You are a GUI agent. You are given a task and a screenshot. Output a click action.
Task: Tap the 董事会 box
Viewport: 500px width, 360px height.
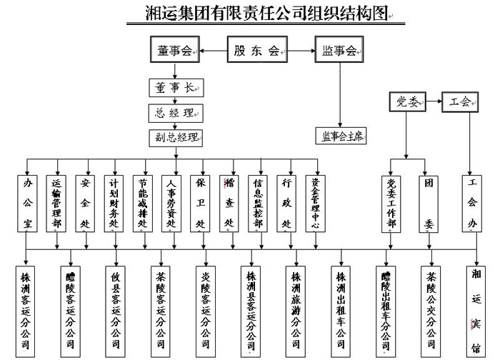(x=174, y=51)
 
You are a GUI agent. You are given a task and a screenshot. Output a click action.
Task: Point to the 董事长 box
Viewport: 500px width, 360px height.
(x=174, y=88)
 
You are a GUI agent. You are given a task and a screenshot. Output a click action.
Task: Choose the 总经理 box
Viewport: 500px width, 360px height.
(x=174, y=112)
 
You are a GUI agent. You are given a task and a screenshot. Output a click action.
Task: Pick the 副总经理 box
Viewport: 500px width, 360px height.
(x=174, y=136)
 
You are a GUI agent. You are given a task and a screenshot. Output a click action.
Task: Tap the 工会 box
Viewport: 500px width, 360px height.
(x=461, y=102)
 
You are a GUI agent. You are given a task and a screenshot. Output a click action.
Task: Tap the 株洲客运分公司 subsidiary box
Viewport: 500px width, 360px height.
(x=26, y=310)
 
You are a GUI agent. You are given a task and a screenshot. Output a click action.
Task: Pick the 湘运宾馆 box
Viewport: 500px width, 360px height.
(x=476, y=310)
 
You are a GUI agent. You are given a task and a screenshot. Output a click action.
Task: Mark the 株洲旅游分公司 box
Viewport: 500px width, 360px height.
(x=296, y=310)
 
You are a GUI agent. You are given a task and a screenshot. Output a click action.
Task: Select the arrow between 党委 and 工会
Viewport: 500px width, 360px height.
(x=433, y=102)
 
